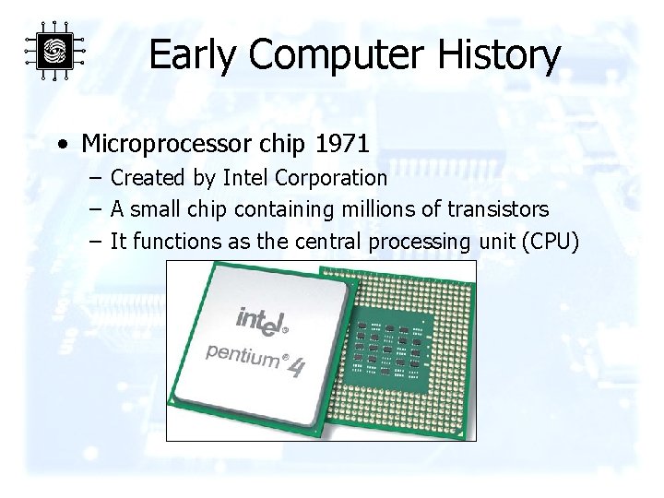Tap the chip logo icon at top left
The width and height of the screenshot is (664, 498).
(55, 51)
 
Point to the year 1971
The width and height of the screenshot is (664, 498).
(342, 144)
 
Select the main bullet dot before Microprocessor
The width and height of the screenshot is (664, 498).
(61, 145)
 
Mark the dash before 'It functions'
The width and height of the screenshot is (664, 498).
(96, 242)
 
